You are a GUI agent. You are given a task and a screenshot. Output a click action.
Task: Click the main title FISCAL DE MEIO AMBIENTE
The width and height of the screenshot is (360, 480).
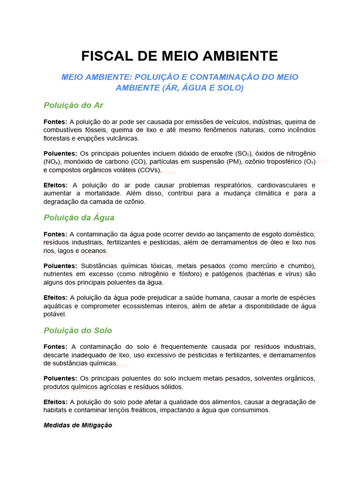180,56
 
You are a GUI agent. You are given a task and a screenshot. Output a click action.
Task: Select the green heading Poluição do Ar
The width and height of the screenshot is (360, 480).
73,105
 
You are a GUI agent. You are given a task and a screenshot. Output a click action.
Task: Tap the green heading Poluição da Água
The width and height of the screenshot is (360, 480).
79,217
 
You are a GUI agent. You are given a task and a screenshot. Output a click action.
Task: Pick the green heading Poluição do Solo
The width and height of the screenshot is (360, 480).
78,330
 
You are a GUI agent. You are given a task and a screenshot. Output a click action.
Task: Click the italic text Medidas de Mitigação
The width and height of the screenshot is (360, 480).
78,426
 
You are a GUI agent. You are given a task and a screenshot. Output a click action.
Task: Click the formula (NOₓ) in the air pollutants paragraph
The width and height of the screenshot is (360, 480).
52,162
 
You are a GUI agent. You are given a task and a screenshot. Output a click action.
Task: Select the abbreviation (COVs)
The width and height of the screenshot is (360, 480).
150,170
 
